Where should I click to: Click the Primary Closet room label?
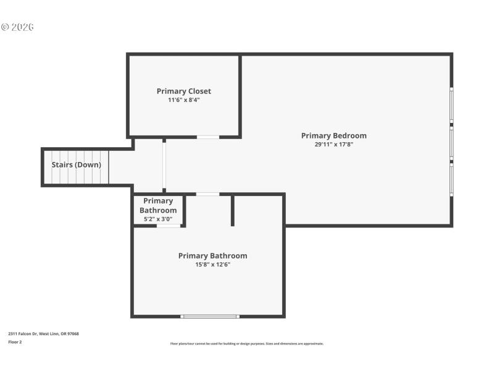[183, 92]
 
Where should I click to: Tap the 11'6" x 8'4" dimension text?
[183, 100]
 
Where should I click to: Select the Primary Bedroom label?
[333, 136]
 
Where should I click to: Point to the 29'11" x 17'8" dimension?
[333, 145]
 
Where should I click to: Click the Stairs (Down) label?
[77, 165]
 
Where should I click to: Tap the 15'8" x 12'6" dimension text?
[212, 265]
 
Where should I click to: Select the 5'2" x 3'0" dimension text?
[158, 219]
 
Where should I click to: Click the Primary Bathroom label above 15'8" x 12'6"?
[212, 256]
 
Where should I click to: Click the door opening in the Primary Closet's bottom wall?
[207, 137]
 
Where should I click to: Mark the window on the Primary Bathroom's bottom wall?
[209, 317]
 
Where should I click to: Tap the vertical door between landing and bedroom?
[164, 166]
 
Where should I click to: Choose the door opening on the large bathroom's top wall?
[207, 194]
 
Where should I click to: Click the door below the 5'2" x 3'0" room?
[168, 226]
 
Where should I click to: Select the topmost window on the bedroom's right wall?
[451, 105]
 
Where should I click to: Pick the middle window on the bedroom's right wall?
[451, 143]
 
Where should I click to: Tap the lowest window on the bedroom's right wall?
[451, 180]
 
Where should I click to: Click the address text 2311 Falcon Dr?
[43, 334]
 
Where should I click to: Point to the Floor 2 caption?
[15, 341]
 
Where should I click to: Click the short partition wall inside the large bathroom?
[232, 210]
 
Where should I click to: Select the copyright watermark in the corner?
[17, 27]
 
